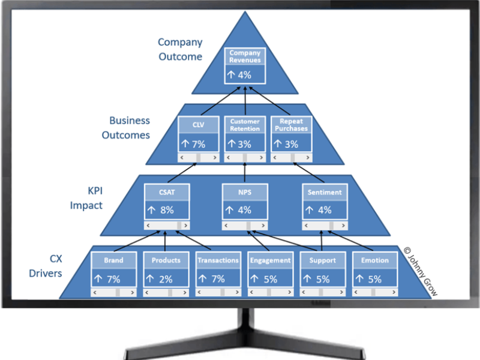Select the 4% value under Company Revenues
[x=239, y=76]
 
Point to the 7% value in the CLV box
[x=194, y=144]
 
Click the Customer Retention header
[x=245, y=125]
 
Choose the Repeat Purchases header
[x=292, y=125]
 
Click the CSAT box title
[x=167, y=193]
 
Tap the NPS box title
[x=244, y=193]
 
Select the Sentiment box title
[x=324, y=193]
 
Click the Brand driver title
[x=113, y=260]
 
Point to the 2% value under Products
[x=160, y=279]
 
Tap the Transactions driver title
[x=218, y=260]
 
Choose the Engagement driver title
[x=270, y=260]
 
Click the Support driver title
[x=323, y=260]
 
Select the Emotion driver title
[x=375, y=260]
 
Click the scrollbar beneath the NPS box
[x=244, y=226]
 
